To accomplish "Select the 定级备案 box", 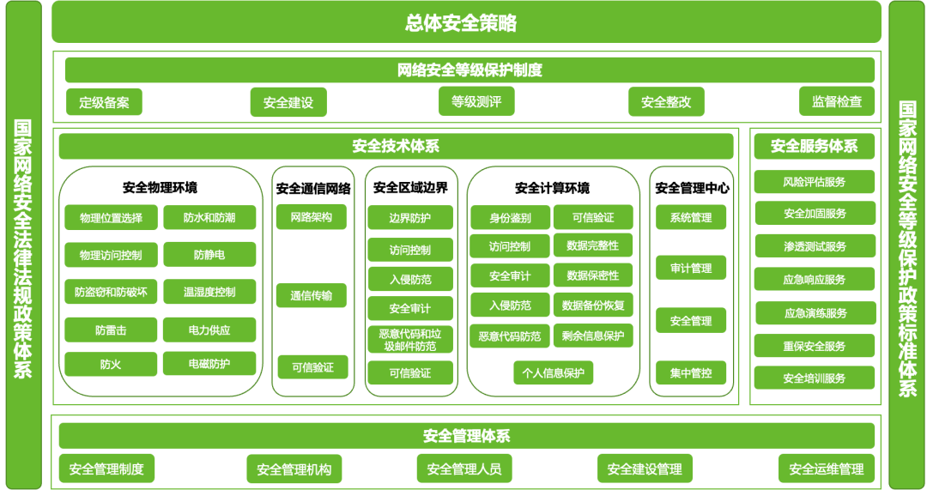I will [104, 102].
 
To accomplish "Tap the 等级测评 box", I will [476, 102].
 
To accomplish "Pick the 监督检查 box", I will [837, 101].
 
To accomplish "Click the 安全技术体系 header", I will [396, 146].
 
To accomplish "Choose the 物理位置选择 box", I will [111, 218].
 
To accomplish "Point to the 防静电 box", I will [209, 254].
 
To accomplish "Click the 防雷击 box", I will [111, 330].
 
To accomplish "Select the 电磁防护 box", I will [209, 364].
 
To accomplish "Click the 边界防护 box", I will [410, 218].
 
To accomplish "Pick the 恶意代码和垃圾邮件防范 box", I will [410, 340].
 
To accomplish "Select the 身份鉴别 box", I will [510, 218].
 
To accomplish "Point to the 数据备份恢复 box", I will [593, 305].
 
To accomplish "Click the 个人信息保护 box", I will [553, 373].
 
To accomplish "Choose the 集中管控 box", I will [691, 373].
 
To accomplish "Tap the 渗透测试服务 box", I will [815, 247].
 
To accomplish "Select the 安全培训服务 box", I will [815, 378].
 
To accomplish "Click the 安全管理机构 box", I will [294, 469].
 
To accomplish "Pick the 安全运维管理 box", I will [827, 469].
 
